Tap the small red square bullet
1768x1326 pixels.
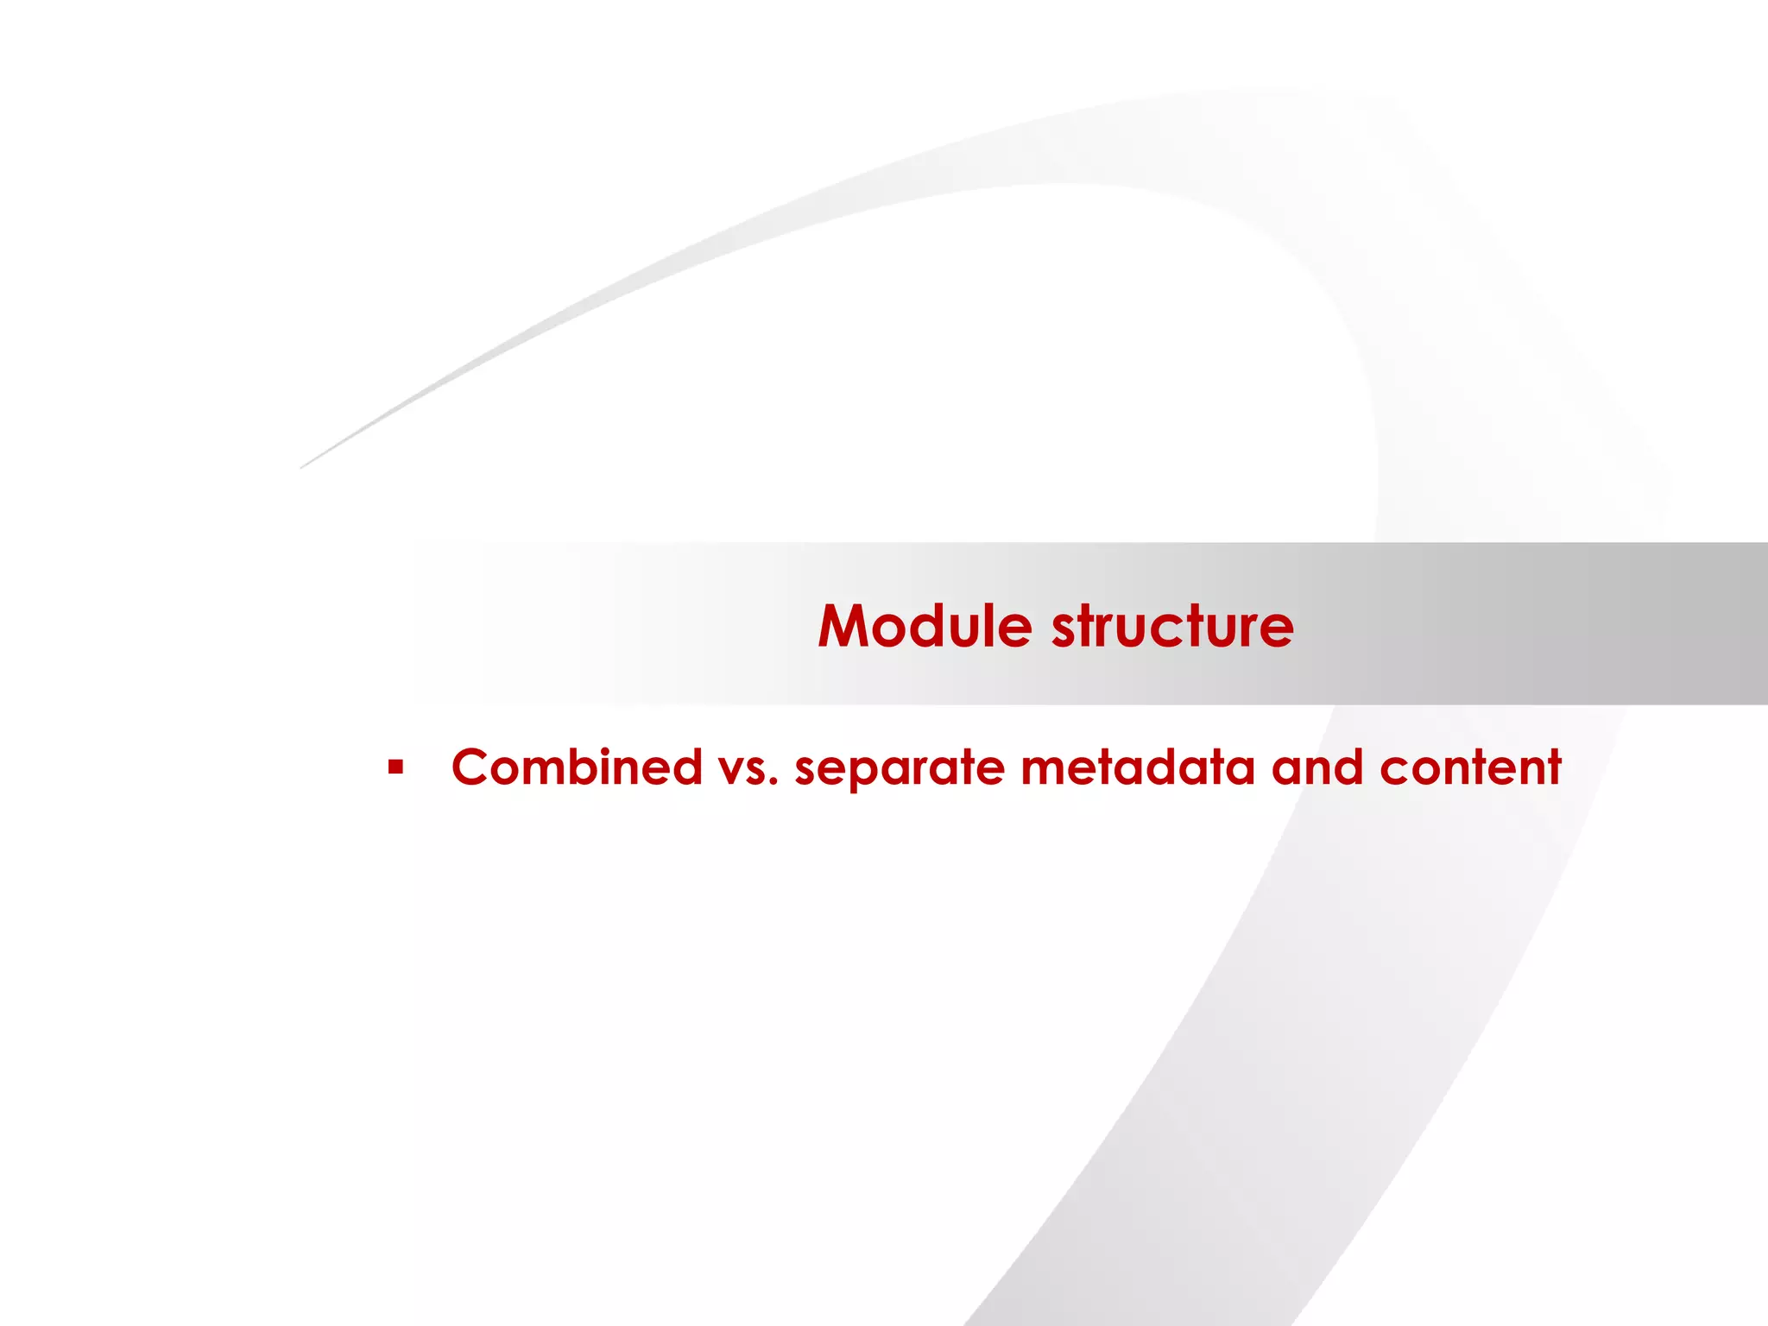(x=396, y=767)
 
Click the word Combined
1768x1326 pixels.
(x=577, y=767)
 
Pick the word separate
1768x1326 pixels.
(x=900, y=768)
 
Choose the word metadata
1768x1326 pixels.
(x=1137, y=767)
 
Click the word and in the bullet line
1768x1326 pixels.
(x=1317, y=767)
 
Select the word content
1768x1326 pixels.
(x=1470, y=768)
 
